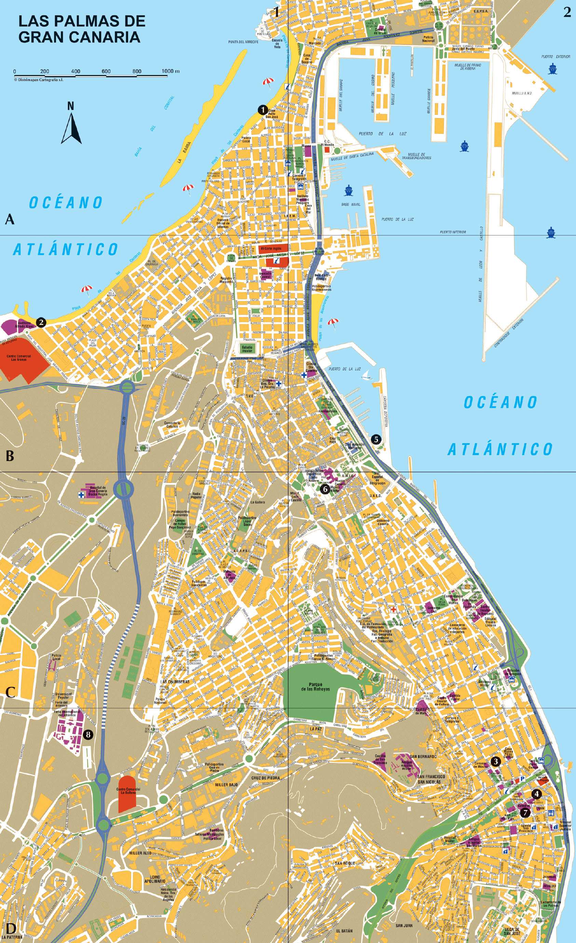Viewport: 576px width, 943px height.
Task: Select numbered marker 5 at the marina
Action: [x=376, y=439]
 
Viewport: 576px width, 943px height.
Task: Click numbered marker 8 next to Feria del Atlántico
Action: [x=88, y=734]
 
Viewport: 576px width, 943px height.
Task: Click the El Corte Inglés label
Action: [x=271, y=248]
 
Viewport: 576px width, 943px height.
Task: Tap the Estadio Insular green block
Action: [x=247, y=348]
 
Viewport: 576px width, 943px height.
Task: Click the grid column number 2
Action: [x=566, y=13]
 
